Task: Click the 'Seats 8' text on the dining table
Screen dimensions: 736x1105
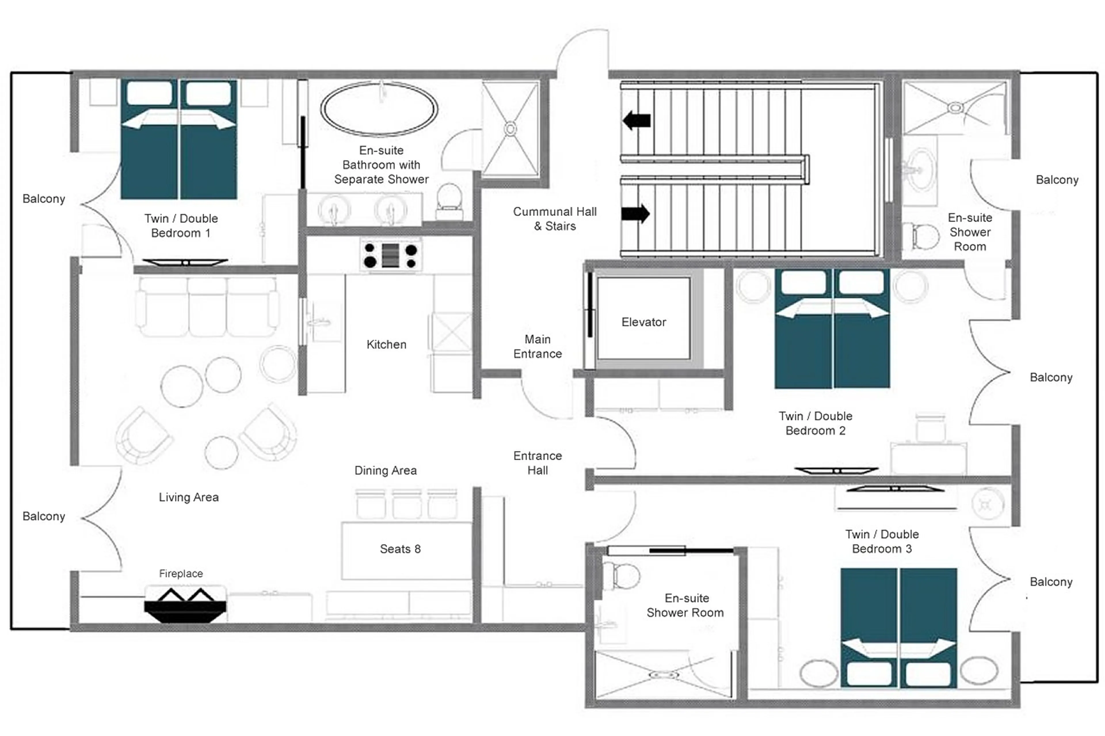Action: click(x=400, y=549)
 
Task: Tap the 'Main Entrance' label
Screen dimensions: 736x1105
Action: click(x=537, y=346)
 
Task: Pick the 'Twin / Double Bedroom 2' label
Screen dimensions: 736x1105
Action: click(x=815, y=423)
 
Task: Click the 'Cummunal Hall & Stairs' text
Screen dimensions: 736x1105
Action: click(x=555, y=219)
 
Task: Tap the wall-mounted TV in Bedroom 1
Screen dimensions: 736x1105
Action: click(x=185, y=262)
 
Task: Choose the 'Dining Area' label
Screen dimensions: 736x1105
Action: click(x=385, y=470)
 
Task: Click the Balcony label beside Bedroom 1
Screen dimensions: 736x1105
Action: click(x=44, y=198)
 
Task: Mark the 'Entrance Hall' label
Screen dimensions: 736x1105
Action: click(x=537, y=463)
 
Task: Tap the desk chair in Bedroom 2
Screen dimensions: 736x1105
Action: click(x=930, y=427)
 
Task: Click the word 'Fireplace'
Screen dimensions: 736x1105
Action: click(x=181, y=573)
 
